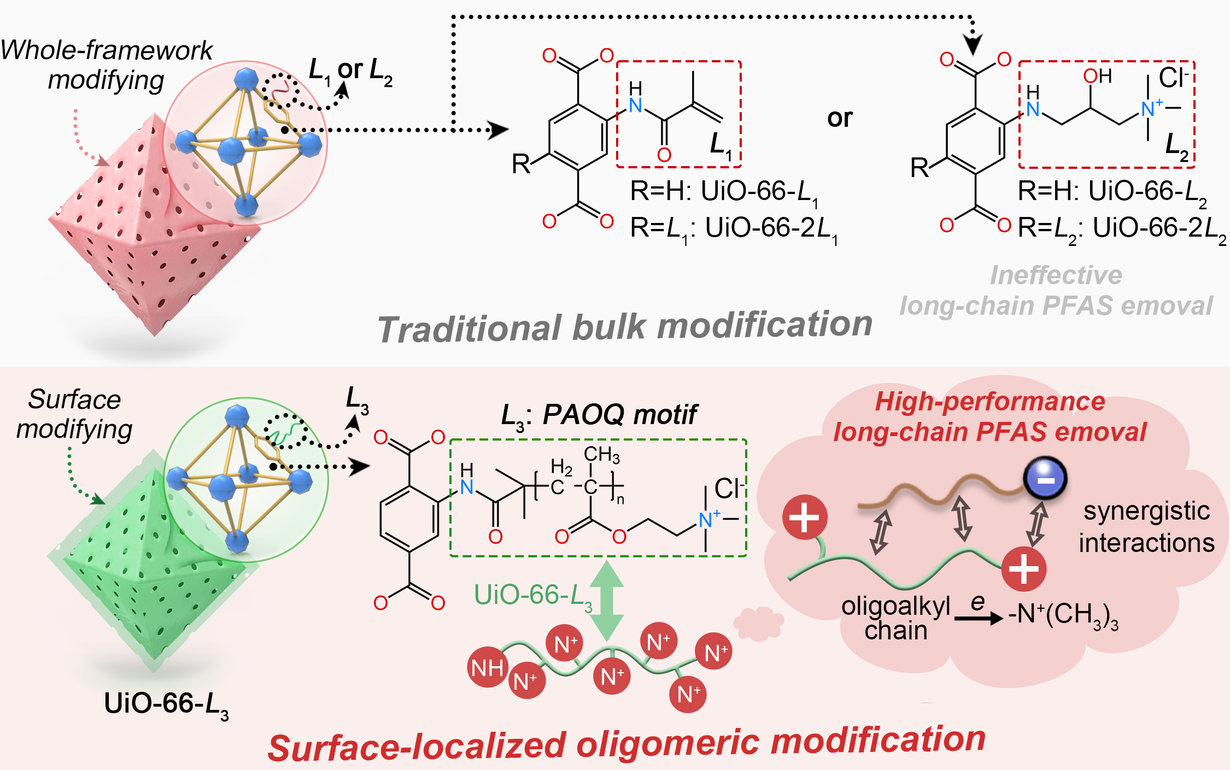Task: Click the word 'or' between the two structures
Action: [x=840, y=119]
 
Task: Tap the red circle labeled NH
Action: [x=487, y=667]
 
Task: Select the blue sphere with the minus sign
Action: [x=1046, y=479]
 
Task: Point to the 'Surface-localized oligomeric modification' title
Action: [x=626, y=744]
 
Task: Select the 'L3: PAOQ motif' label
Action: [x=599, y=414]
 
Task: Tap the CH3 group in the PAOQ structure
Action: [x=601, y=454]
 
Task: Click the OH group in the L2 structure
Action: [x=1098, y=77]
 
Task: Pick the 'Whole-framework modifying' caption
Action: [x=106, y=65]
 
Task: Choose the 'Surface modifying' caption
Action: [x=74, y=414]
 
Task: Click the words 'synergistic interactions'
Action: [x=1146, y=527]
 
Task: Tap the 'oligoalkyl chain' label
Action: [x=896, y=618]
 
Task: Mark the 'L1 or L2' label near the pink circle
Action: [x=350, y=71]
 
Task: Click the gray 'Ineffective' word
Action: [x=1056, y=275]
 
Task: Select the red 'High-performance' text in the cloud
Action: [x=990, y=402]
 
